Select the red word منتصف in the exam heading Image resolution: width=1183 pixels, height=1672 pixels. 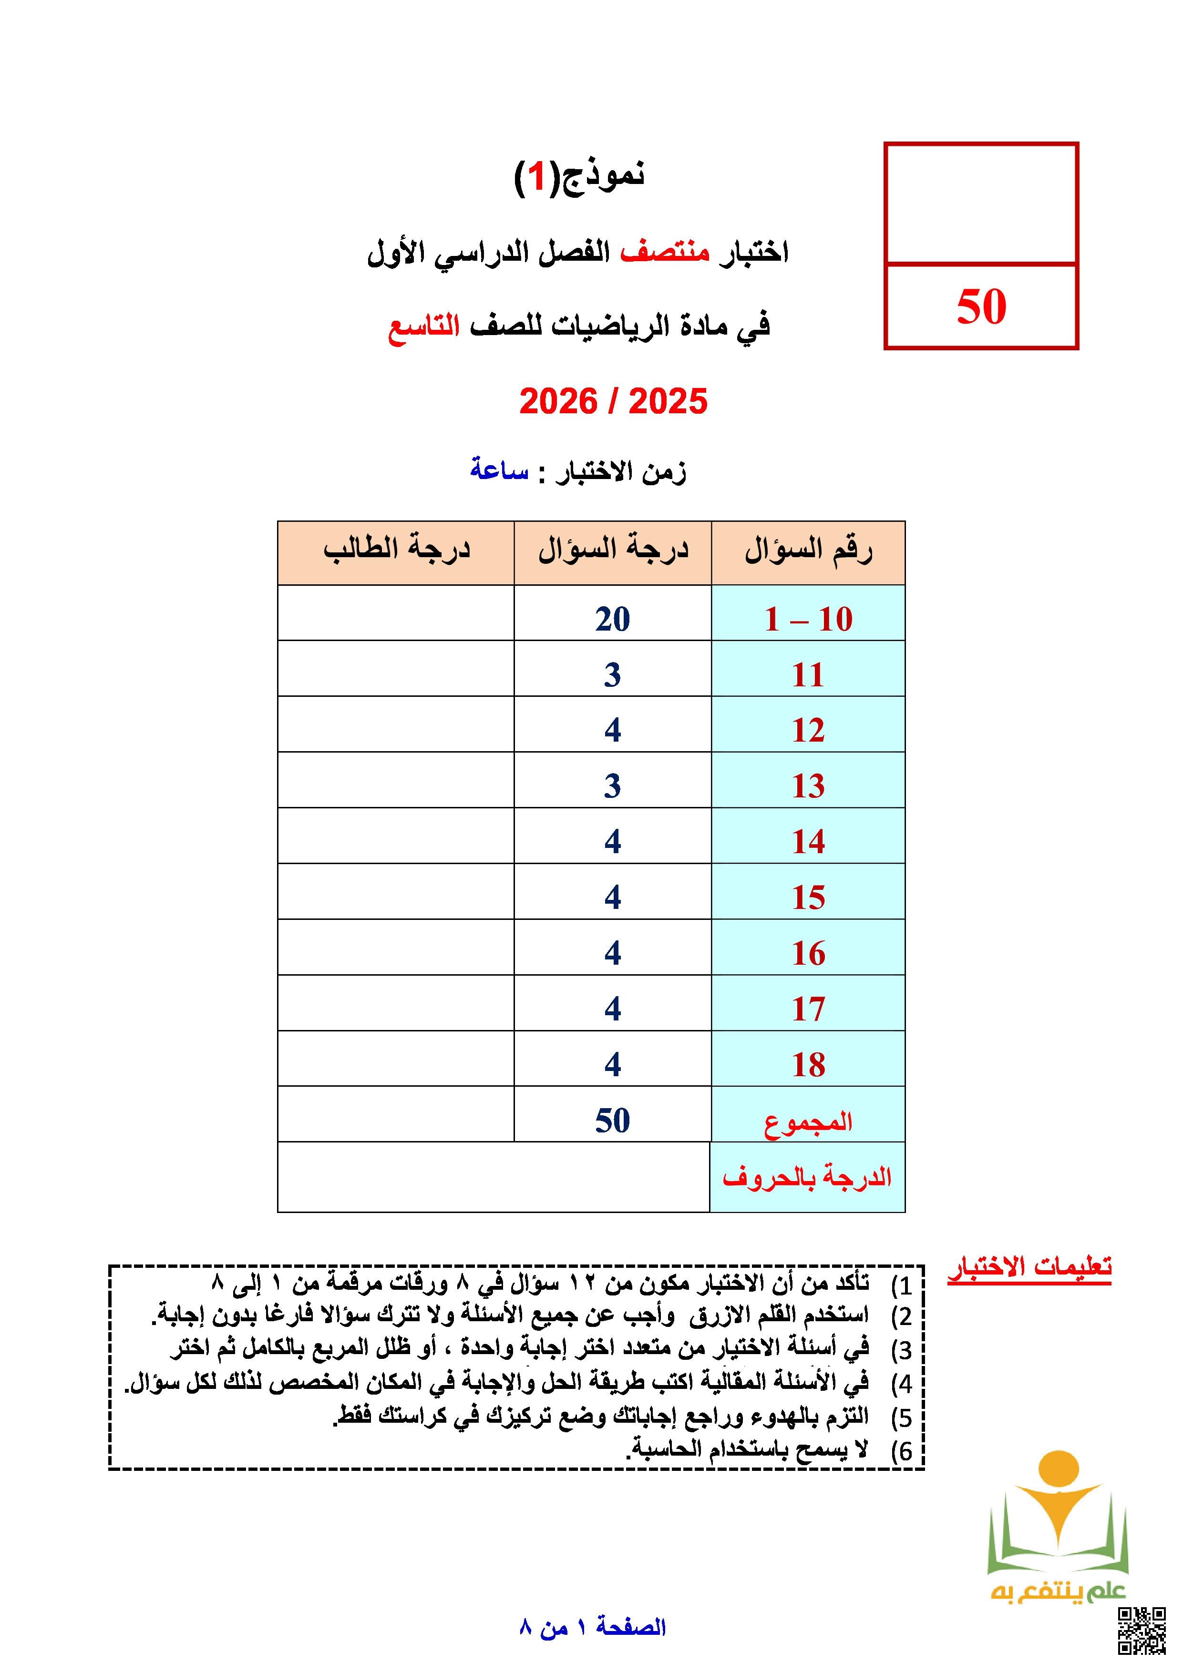(664, 252)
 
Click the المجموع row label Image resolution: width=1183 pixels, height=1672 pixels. (808, 1122)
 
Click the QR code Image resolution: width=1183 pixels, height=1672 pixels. (1142, 1631)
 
